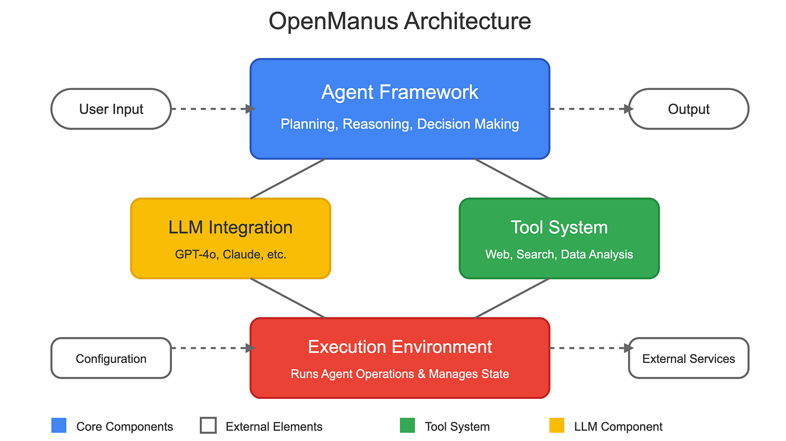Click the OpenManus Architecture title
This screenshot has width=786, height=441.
400,22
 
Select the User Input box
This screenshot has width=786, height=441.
111,109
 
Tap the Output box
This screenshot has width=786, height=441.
688,109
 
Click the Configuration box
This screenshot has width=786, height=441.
111,358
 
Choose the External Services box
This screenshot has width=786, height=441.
688,358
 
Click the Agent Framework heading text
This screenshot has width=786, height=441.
400,92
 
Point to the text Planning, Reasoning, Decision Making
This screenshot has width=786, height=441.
400,124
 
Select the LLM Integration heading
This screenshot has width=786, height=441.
230,228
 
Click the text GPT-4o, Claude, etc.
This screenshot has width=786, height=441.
230,254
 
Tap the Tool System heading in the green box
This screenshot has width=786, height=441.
559,228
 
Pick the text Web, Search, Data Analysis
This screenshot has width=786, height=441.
559,254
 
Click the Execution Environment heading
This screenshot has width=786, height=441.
400,347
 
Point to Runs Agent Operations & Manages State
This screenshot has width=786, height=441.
400,374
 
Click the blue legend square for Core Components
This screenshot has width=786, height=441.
58,426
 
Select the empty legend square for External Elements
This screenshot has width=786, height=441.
208,426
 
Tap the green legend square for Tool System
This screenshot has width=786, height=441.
407,426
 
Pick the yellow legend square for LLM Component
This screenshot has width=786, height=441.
556,426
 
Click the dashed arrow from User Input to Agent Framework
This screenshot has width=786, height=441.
211,109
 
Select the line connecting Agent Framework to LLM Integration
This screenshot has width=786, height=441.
287,179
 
